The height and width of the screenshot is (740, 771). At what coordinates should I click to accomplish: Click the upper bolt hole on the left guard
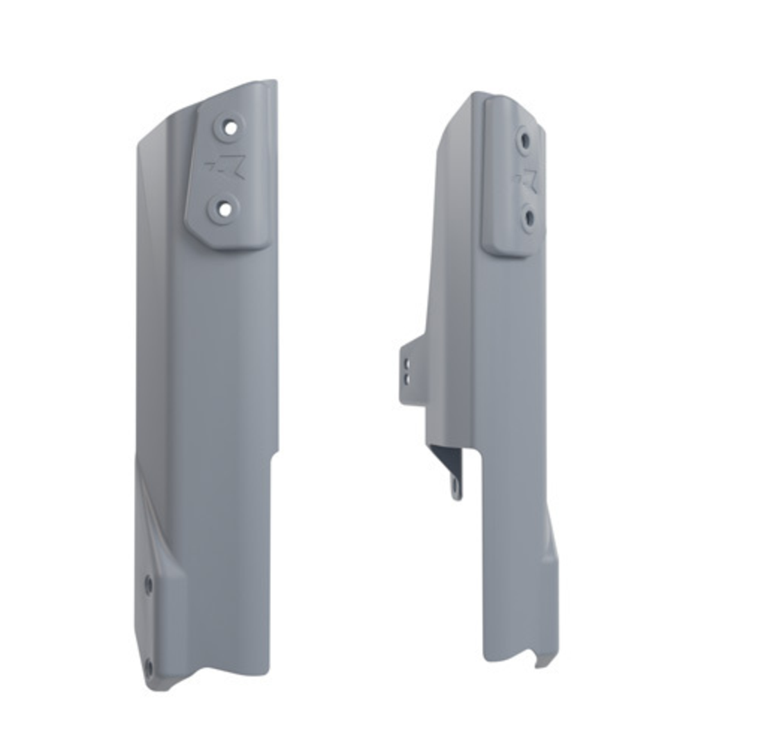[229, 127]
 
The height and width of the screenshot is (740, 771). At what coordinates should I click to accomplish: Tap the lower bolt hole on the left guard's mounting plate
[224, 208]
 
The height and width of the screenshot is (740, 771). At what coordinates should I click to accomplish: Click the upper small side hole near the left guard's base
[148, 585]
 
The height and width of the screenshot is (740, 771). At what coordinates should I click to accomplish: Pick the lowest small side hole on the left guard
[148, 668]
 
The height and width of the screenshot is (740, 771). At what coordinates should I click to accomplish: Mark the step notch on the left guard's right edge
[273, 455]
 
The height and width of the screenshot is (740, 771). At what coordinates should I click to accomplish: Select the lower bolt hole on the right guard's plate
[529, 218]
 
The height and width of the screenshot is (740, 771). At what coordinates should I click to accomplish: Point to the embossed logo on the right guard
[528, 179]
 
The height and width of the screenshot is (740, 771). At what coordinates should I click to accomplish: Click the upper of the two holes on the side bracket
[407, 363]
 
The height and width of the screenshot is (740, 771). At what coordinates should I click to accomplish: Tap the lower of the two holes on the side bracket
[407, 378]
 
